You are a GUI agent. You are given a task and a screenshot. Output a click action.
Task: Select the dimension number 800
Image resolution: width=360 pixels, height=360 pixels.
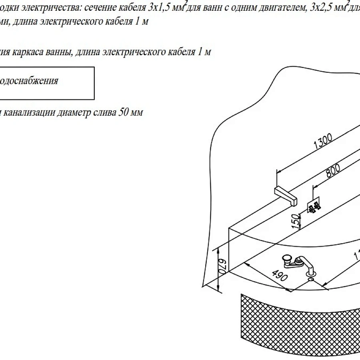point(332,171)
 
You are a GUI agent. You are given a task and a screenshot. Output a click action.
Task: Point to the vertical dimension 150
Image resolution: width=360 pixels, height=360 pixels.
point(296,221)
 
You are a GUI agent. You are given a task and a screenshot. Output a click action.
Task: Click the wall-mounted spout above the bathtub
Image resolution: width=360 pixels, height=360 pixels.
point(286,196)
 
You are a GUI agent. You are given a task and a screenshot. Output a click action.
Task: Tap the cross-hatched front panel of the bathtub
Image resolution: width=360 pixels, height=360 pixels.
point(296,324)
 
